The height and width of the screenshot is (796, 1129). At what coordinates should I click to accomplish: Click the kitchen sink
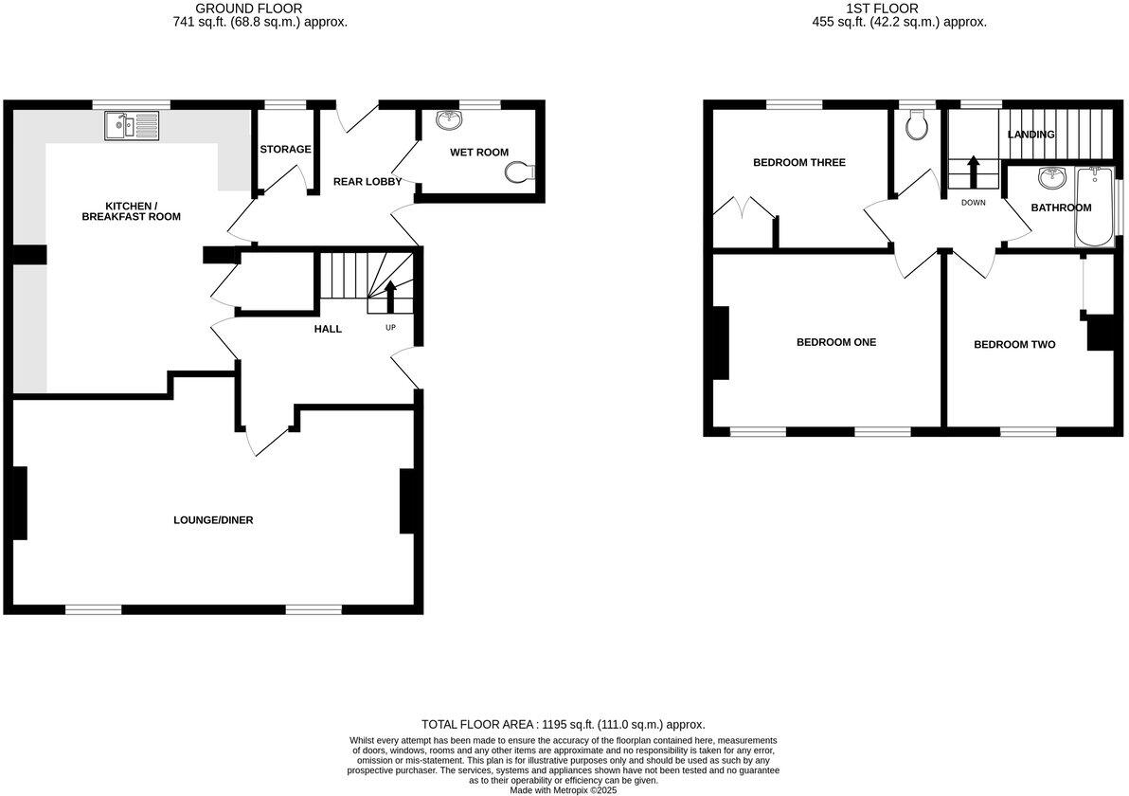click(133, 125)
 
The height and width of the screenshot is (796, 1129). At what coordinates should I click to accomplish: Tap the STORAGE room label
click(285, 149)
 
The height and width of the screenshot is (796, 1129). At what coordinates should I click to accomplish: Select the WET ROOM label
click(478, 153)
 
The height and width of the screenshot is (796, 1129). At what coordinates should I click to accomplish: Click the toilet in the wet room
click(520, 172)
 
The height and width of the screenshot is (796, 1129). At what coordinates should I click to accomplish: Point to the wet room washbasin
click(447, 120)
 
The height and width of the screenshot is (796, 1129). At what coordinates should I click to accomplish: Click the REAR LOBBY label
click(367, 181)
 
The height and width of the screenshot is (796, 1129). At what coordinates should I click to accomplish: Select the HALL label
click(328, 329)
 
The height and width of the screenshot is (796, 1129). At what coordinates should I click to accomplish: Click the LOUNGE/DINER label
click(213, 520)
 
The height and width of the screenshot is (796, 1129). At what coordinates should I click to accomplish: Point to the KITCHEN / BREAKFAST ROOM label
click(142, 211)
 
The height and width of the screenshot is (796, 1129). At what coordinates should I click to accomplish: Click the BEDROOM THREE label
click(799, 162)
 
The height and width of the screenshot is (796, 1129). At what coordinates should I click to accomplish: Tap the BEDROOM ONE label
click(836, 342)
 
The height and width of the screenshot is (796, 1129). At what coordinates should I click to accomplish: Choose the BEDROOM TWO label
click(1014, 345)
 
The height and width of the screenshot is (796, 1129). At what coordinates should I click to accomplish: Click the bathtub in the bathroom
click(1096, 207)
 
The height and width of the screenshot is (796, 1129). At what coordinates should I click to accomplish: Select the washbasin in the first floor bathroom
click(1049, 178)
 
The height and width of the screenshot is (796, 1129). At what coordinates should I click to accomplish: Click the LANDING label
click(1030, 135)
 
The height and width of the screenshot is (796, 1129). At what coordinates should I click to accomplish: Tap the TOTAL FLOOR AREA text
click(564, 724)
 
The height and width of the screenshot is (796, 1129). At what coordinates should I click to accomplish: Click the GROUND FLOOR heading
click(236, 9)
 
